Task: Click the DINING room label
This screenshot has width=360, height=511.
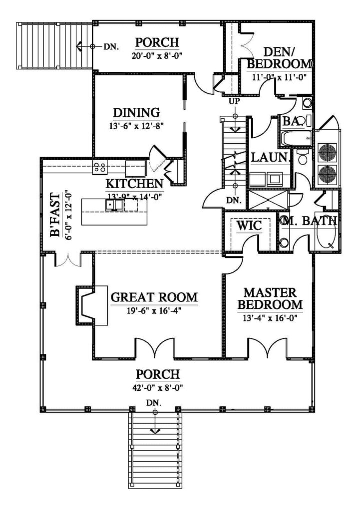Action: pos(136,112)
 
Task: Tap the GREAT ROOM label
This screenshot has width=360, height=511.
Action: pos(154,297)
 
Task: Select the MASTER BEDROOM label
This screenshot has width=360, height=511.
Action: pos(270,298)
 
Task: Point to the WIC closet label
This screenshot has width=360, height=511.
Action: pos(249,226)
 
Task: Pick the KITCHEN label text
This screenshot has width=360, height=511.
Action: pos(134,183)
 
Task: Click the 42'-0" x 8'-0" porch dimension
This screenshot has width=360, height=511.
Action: pos(154,386)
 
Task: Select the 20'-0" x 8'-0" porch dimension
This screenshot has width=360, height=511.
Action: pos(154,55)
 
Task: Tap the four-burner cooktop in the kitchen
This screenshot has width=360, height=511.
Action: pos(99,168)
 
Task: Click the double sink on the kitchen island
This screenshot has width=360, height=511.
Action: pos(114,204)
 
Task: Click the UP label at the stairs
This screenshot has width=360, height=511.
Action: pos(234,102)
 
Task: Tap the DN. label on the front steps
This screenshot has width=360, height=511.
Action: pos(154,402)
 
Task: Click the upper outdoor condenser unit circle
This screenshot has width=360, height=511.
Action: pos(327,152)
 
